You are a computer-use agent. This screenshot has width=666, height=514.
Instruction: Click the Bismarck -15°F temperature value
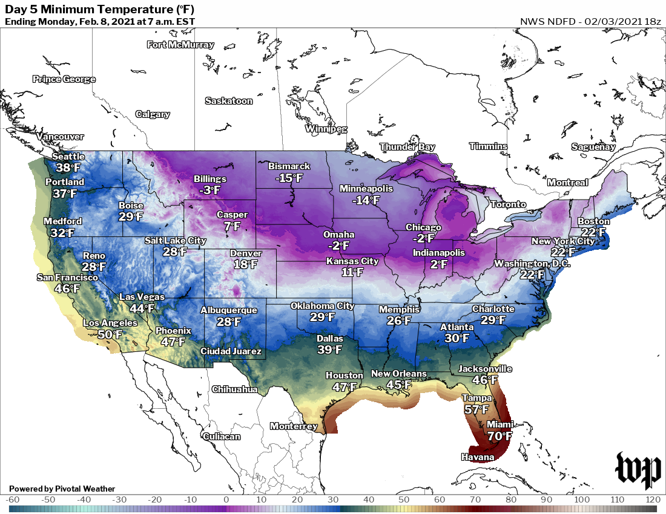289,178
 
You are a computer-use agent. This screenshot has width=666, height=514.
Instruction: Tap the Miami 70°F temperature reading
499,436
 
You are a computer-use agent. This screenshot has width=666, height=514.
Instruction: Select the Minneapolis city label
366,189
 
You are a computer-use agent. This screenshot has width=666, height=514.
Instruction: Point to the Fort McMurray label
180,45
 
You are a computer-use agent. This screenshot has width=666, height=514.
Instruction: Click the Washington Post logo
638,470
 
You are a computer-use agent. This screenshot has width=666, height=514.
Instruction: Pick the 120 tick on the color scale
653,500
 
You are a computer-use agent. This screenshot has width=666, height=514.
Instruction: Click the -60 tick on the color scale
13,500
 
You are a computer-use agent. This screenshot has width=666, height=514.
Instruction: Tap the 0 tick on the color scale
226,500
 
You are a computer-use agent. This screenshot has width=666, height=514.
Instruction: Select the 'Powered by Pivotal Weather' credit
62,489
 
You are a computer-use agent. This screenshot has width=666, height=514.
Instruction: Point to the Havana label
478,457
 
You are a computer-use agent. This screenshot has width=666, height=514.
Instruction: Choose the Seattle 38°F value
68,168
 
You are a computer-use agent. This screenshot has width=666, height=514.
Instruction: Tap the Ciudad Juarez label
231,351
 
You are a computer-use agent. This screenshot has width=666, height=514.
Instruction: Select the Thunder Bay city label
407,147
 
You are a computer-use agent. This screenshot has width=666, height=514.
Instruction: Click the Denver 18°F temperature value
246,264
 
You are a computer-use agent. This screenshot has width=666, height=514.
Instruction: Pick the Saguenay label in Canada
593,147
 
